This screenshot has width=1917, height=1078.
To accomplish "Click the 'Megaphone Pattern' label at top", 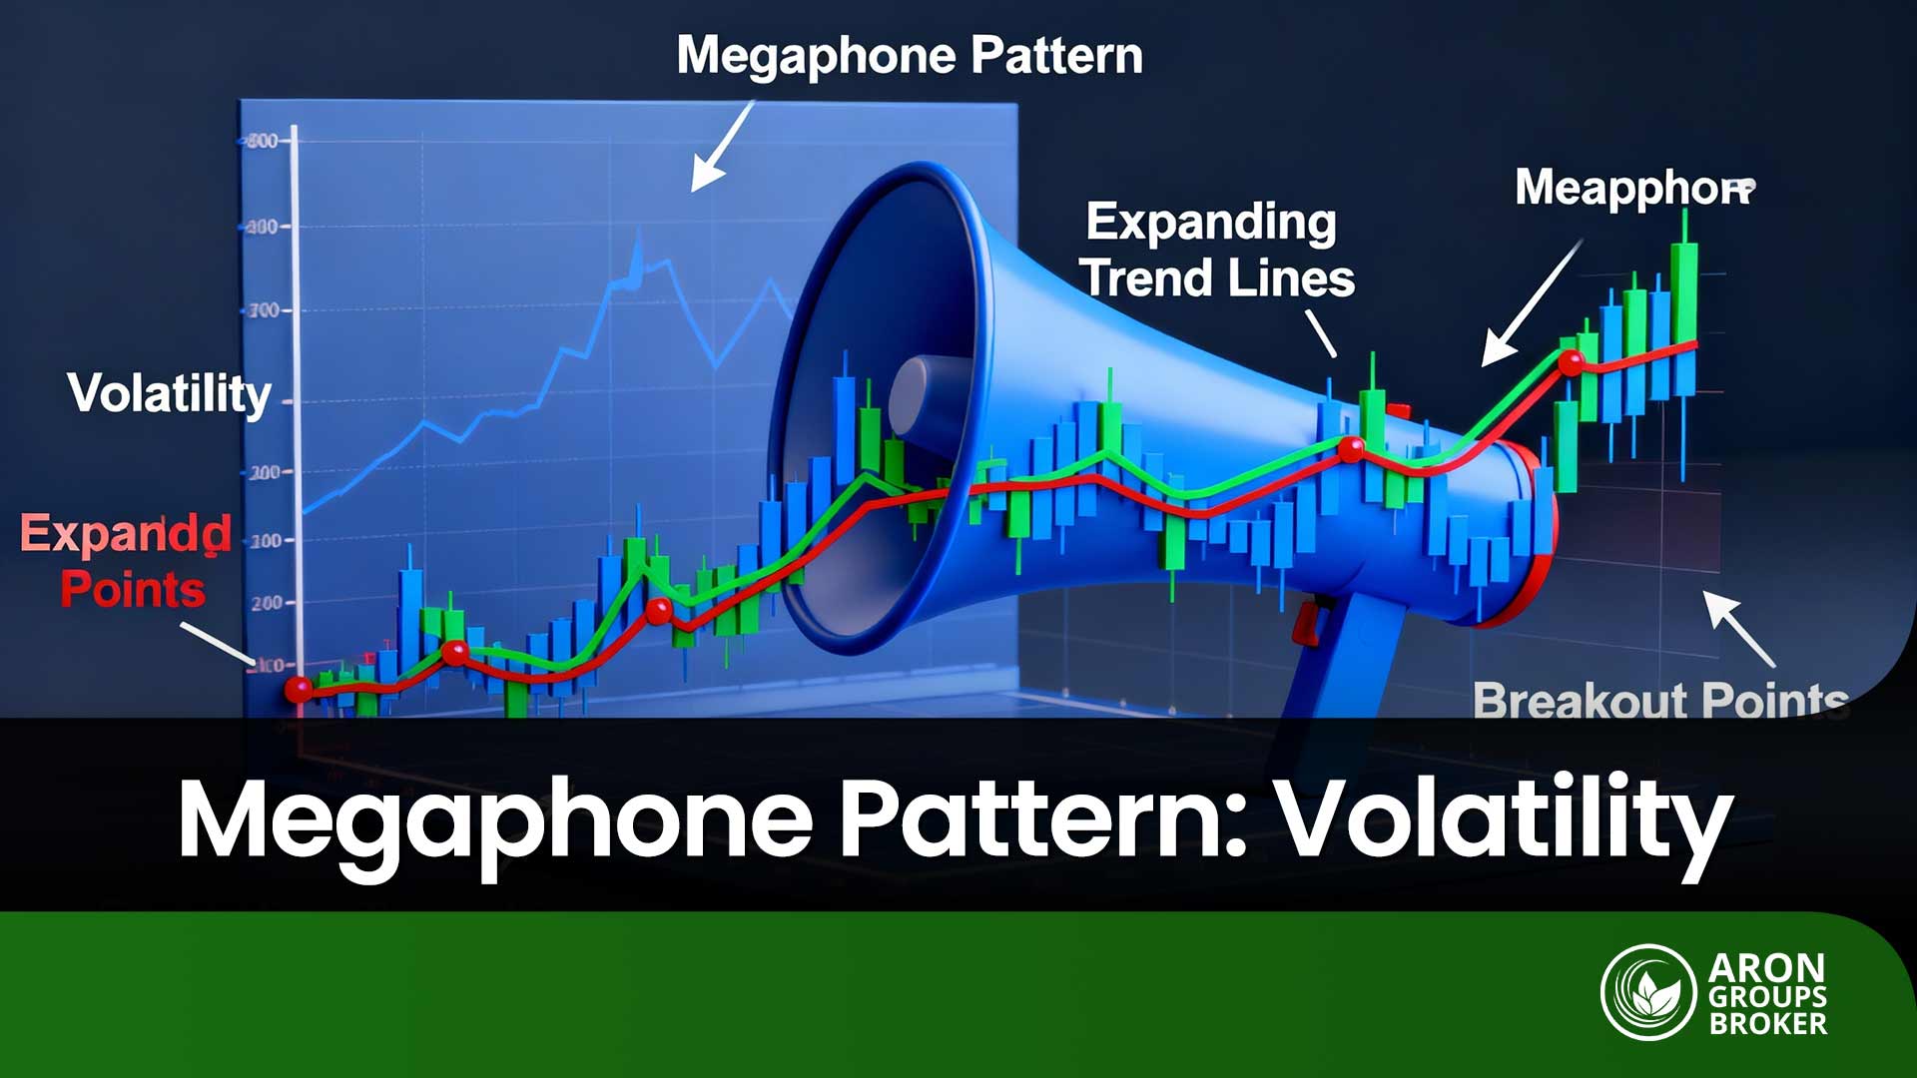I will (909, 56).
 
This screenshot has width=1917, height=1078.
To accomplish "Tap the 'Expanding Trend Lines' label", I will (1218, 251).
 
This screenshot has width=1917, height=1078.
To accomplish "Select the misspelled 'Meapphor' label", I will (1633, 188).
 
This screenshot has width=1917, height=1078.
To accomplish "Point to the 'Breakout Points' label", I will (1659, 700).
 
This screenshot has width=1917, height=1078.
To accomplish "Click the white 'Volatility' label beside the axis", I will (169, 393).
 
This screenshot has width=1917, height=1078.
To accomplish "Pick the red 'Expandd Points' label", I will (128, 561).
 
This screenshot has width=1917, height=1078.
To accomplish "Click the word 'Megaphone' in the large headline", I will (495, 821).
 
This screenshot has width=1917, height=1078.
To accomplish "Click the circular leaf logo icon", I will (1648, 992).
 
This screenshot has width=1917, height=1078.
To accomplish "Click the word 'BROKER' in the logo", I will (1767, 1023).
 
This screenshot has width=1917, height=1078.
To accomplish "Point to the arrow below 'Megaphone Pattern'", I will (721, 148).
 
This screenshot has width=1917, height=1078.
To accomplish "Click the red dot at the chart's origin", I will (298, 689).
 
